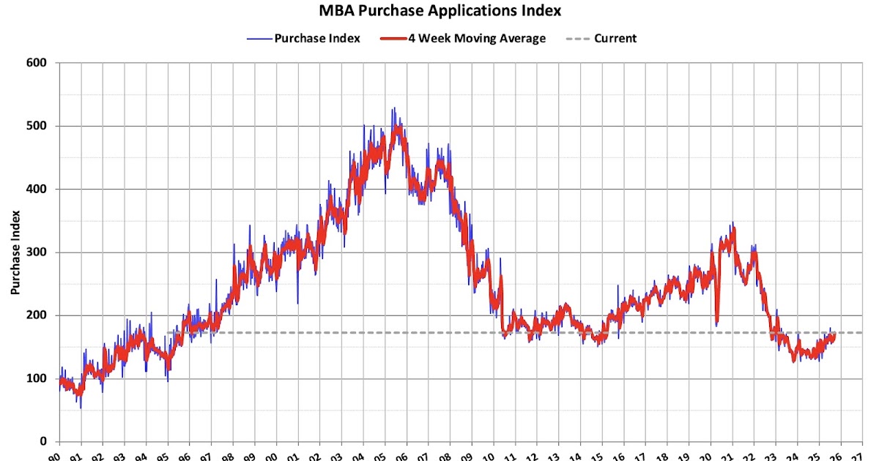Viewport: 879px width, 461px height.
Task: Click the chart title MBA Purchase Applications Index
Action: (x=439, y=11)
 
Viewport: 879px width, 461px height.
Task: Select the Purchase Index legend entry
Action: (x=316, y=39)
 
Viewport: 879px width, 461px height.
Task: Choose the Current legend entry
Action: (x=615, y=39)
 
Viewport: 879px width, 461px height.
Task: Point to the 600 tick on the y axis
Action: (x=38, y=63)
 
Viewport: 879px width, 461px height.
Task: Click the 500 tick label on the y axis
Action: (x=38, y=126)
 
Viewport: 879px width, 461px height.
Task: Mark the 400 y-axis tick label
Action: (x=38, y=189)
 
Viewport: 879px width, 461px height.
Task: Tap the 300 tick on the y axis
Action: (x=38, y=252)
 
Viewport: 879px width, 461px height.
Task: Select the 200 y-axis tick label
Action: (x=38, y=315)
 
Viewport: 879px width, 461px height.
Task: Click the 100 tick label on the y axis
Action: (x=38, y=378)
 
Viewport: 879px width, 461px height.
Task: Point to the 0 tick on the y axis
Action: (x=45, y=441)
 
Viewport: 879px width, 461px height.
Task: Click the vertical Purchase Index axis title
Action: (x=15, y=252)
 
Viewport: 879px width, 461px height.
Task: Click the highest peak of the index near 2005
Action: (x=393, y=108)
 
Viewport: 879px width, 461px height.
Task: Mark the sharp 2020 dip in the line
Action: (x=716, y=324)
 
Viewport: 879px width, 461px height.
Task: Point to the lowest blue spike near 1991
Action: (x=81, y=408)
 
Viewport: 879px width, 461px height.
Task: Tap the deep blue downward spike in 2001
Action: (x=297, y=303)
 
